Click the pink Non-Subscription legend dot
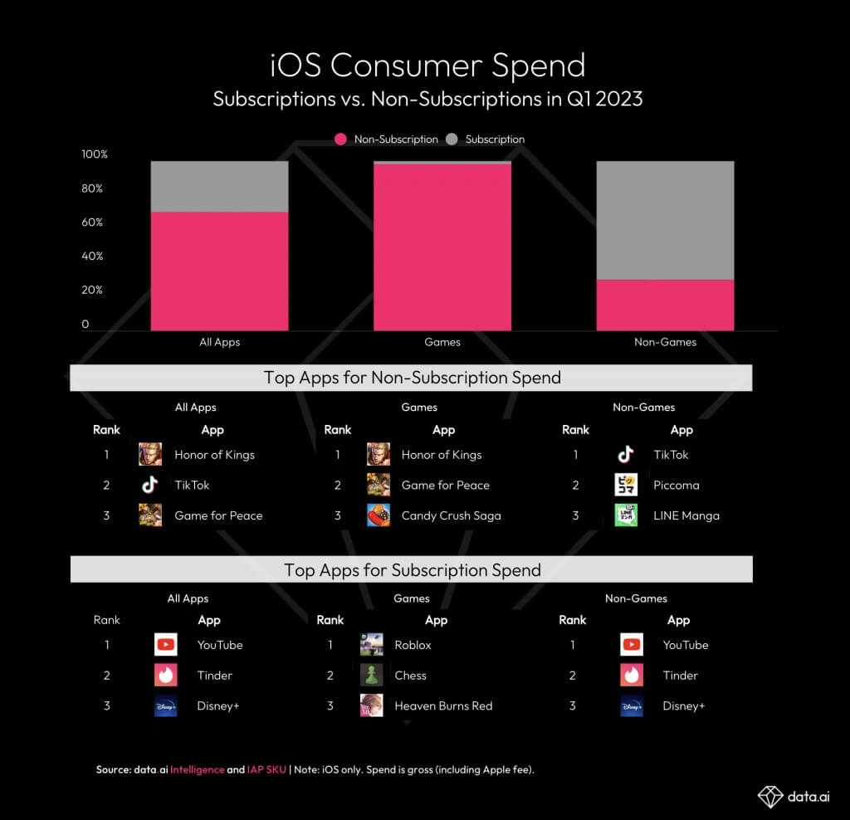pos(340,139)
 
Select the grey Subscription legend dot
pos(452,139)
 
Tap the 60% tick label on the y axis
pos(92,222)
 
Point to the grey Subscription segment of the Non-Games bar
pos(665,220)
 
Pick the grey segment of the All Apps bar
pos(219,186)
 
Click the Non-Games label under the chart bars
pos(665,342)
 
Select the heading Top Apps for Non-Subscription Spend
pos(412,378)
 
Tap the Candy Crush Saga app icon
pos(379,515)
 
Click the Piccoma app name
pos(677,485)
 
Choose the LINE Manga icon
pos(626,515)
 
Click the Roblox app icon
pos(371,645)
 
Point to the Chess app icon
pos(371,676)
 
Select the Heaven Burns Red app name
pos(443,705)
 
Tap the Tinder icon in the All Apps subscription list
pos(166,676)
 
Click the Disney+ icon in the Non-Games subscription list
pos(632,706)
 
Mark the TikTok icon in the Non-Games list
pos(626,454)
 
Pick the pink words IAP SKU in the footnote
pos(266,769)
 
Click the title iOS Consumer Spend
pos(427,66)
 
